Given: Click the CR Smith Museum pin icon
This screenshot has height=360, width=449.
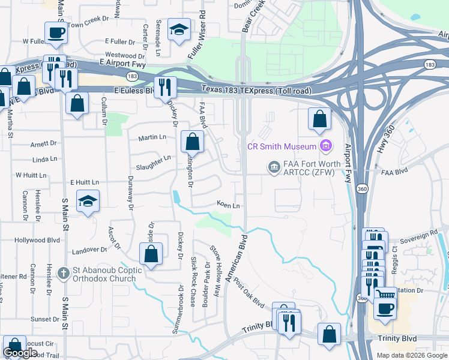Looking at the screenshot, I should (x=326, y=145).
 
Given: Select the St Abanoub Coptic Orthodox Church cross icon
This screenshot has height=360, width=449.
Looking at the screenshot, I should (x=63, y=274).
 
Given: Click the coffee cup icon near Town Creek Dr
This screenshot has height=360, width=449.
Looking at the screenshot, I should (x=56, y=32).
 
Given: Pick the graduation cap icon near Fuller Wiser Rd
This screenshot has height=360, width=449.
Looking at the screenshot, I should (x=179, y=29).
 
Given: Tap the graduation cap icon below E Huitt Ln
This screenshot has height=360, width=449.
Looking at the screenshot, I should (x=88, y=202).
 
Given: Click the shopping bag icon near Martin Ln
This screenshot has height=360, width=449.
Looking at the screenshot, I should (x=192, y=143).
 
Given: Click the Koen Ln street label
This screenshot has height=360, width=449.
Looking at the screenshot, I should (x=229, y=205).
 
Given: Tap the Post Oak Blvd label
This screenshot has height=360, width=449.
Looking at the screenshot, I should (x=250, y=293).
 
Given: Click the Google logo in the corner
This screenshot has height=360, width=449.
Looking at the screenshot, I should (x=20, y=353).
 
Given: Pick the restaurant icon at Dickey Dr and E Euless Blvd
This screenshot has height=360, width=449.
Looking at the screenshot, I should (x=164, y=88).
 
